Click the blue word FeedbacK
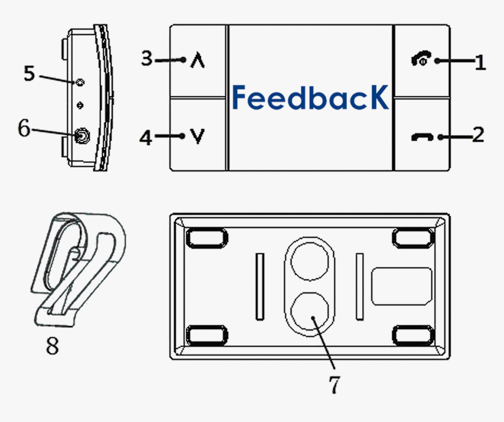coord(310,97)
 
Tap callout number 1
coord(480,62)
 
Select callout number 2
coord(478,135)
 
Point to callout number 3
coord(147,59)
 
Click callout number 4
coord(146,138)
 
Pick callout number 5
coord(29,73)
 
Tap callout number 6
coord(23,128)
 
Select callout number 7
coord(333,384)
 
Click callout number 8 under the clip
coord(52,346)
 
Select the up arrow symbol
coord(199,60)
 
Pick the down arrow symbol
coord(199,137)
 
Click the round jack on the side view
coord(81,137)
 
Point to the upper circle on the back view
coord(309,261)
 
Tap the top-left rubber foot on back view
coord(206,237)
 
